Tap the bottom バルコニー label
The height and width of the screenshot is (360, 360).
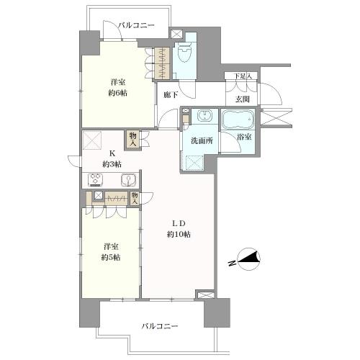159,326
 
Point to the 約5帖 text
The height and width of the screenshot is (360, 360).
110,257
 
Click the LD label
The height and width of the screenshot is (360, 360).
179,222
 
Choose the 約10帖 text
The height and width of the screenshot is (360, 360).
179,234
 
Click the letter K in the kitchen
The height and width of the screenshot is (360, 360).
112,153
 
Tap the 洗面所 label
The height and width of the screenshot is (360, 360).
201,140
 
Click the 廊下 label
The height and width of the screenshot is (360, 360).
171,94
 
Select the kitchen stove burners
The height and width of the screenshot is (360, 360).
97,180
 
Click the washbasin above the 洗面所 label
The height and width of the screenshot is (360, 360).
203,118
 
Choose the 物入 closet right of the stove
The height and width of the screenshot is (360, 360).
135,198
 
